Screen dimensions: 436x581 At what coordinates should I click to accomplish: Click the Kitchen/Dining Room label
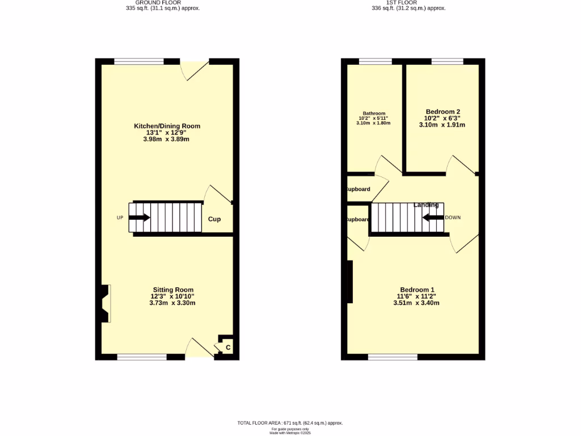(x=167, y=126)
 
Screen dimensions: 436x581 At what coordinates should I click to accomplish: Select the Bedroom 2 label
(x=443, y=112)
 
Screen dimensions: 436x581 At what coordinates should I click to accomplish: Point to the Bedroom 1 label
(x=416, y=290)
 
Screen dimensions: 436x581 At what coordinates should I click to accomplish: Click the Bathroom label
(x=374, y=113)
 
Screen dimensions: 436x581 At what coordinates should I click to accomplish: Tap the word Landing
(x=426, y=204)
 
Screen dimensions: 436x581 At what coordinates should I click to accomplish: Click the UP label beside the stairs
(x=120, y=218)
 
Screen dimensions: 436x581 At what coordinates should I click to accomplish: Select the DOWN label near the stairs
(x=453, y=217)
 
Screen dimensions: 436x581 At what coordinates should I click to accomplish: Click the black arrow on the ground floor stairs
(x=140, y=217)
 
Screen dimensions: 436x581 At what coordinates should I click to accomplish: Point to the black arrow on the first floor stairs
(x=433, y=217)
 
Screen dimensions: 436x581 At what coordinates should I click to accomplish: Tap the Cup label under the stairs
(x=214, y=219)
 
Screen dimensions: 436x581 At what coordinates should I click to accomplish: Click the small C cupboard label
(x=228, y=347)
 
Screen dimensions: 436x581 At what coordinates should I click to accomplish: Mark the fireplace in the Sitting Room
(x=105, y=304)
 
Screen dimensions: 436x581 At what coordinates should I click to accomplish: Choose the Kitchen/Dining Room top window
(x=139, y=61)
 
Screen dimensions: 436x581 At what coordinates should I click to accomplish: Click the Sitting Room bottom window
(x=142, y=357)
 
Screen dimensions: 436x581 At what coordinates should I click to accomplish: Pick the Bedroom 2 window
(x=447, y=61)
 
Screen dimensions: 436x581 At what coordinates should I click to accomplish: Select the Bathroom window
(x=375, y=61)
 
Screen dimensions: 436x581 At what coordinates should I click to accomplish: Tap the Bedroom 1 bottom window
(x=393, y=357)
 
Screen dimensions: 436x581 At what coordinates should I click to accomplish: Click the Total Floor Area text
(x=290, y=423)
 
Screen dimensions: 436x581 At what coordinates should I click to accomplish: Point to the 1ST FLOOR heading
(x=408, y=3)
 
